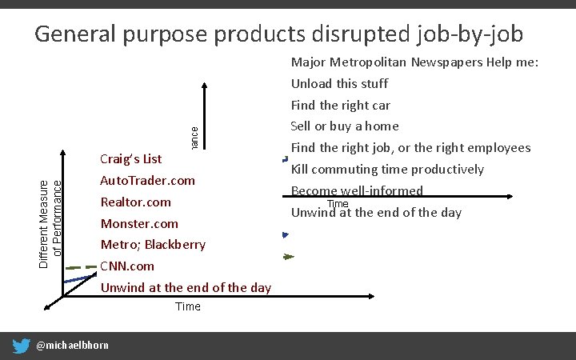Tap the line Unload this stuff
click(339, 83)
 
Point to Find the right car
click(341, 105)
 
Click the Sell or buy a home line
click(345, 126)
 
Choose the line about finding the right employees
click(410, 147)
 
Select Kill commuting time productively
click(387, 169)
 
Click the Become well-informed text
click(357, 190)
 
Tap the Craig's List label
click(131, 159)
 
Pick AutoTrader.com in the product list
click(148, 181)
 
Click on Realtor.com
click(136, 202)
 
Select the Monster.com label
click(139, 223)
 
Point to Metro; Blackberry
click(153, 245)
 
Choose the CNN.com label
click(127, 266)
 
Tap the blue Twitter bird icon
click(22, 346)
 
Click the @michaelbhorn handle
click(73, 346)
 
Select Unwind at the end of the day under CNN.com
click(186, 287)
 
